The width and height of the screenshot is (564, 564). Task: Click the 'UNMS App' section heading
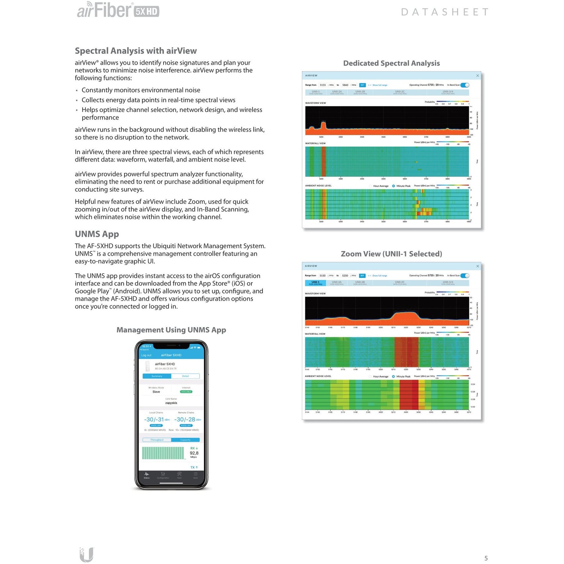[x=97, y=234]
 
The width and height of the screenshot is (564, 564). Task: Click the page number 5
[x=486, y=558]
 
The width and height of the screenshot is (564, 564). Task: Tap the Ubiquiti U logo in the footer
[x=86, y=554]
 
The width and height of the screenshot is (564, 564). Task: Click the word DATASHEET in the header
[x=445, y=12]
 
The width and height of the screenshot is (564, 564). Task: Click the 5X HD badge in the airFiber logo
[x=146, y=12]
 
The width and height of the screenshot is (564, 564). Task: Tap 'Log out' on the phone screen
[x=146, y=355]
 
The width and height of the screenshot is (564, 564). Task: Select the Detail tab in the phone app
[x=185, y=376]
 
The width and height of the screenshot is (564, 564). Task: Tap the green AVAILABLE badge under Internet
[x=186, y=391]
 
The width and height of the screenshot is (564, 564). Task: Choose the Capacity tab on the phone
[x=185, y=440]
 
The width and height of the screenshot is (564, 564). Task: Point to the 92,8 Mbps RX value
[x=194, y=453]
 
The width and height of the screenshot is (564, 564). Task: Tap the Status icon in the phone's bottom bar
[x=147, y=475]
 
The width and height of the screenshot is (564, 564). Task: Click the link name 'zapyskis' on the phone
[x=171, y=403]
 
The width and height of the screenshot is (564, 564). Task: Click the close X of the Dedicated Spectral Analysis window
[x=477, y=76]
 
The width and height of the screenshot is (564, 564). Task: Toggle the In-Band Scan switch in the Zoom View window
[x=465, y=276]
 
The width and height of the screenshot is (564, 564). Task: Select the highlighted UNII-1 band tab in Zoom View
[x=315, y=283]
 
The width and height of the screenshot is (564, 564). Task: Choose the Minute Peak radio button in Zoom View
[x=393, y=377]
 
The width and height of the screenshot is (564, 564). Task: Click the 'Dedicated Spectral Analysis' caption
[x=391, y=63]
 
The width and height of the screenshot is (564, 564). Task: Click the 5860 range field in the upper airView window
[x=345, y=85]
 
